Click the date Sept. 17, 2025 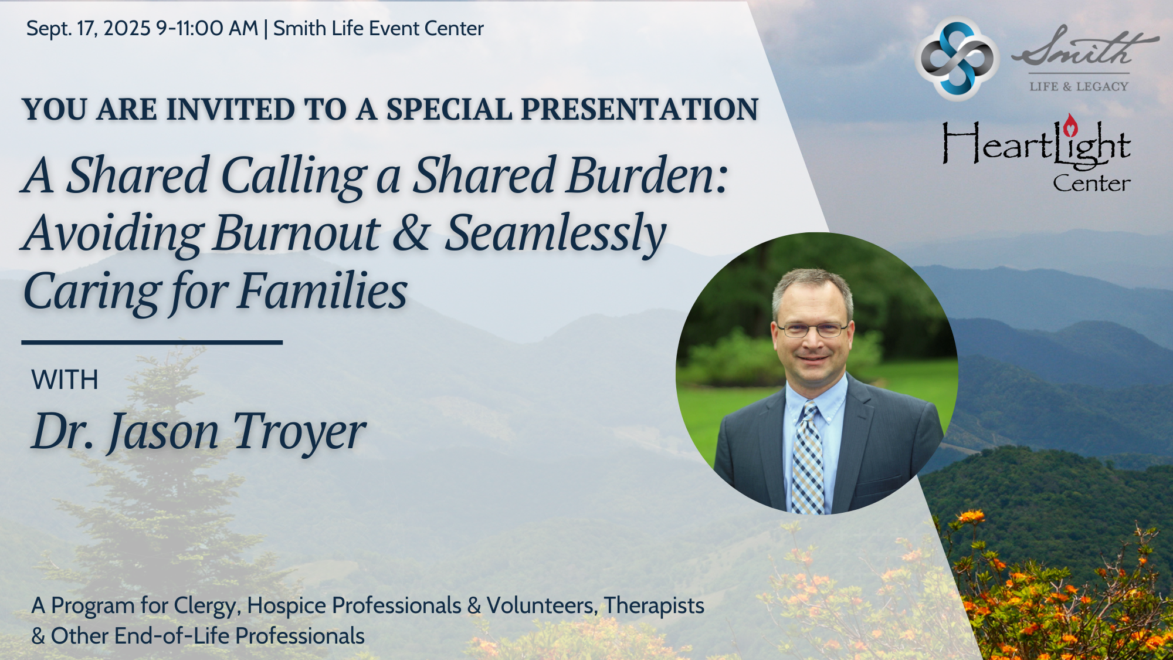tap(89, 28)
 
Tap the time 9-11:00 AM tap(207, 28)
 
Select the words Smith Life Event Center tap(378, 28)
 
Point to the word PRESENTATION tap(640, 109)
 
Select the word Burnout tap(297, 233)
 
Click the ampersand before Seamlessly tap(411, 233)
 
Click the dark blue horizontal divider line tap(152, 342)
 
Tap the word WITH tap(65, 380)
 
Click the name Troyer tap(299, 433)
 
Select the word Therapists tap(654, 606)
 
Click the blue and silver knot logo tap(957, 59)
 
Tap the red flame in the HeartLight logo tap(1071, 124)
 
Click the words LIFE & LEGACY tap(1079, 86)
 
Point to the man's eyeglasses tap(812, 330)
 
